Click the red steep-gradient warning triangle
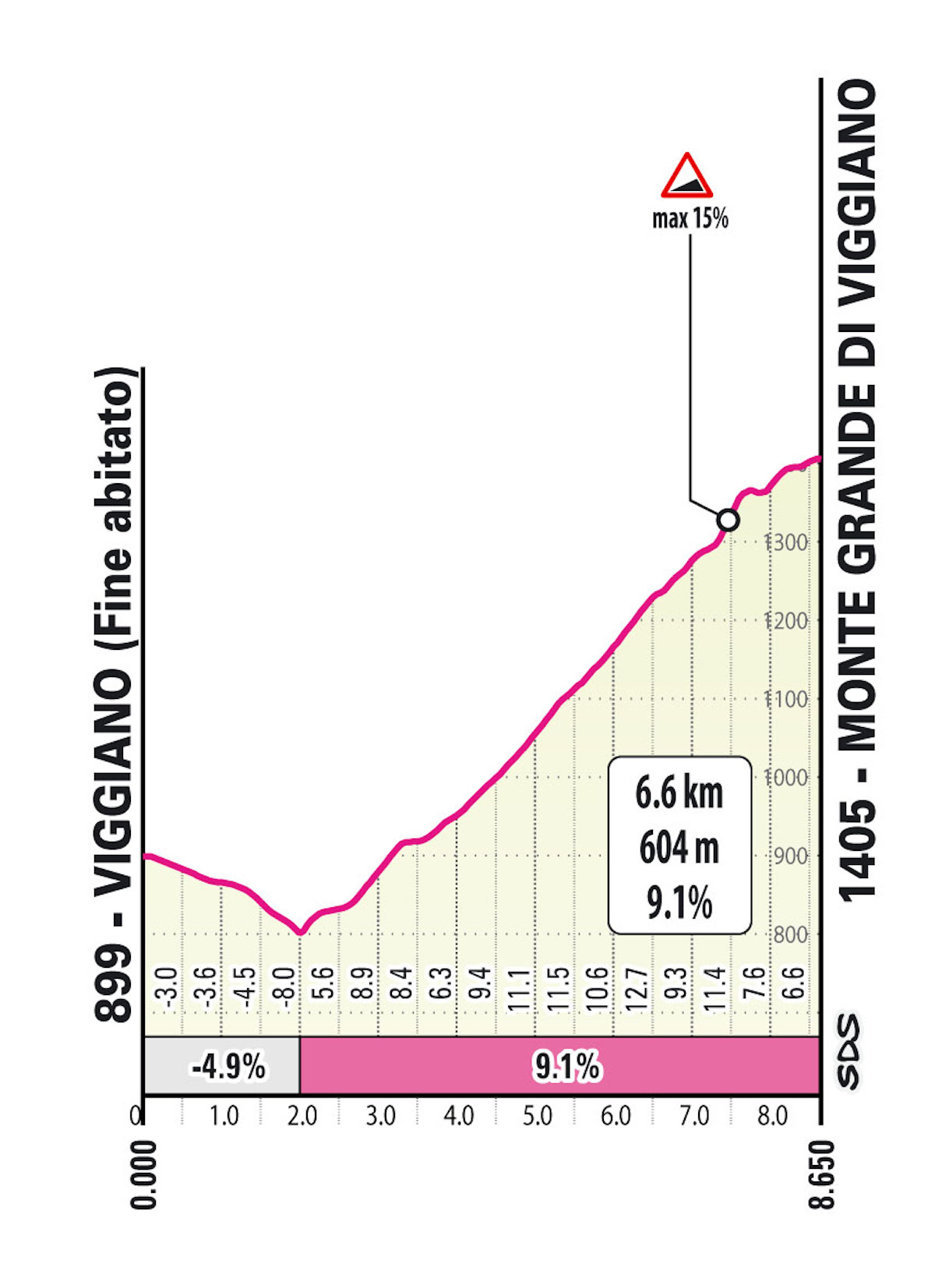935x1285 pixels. pyautogui.click(x=686, y=177)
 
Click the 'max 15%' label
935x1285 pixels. pyautogui.click(x=690, y=219)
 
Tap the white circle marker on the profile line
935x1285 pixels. pyautogui.click(x=728, y=519)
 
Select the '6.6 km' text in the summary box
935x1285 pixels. pyautogui.click(x=679, y=793)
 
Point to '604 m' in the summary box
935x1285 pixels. pyautogui.click(x=679, y=848)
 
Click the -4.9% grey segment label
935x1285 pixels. pyautogui.click(x=228, y=1066)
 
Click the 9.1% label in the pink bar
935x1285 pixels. pyautogui.click(x=566, y=1066)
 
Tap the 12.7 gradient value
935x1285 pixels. pyautogui.click(x=637, y=988)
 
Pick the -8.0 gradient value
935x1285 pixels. pyautogui.click(x=285, y=988)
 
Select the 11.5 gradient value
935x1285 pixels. pyautogui.click(x=558, y=988)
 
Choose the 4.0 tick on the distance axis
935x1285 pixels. pyautogui.click(x=459, y=1117)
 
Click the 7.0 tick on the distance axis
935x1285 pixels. pyautogui.click(x=693, y=1117)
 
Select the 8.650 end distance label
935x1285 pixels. pyautogui.click(x=822, y=1174)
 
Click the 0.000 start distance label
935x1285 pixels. pyautogui.click(x=143, y=1174)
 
